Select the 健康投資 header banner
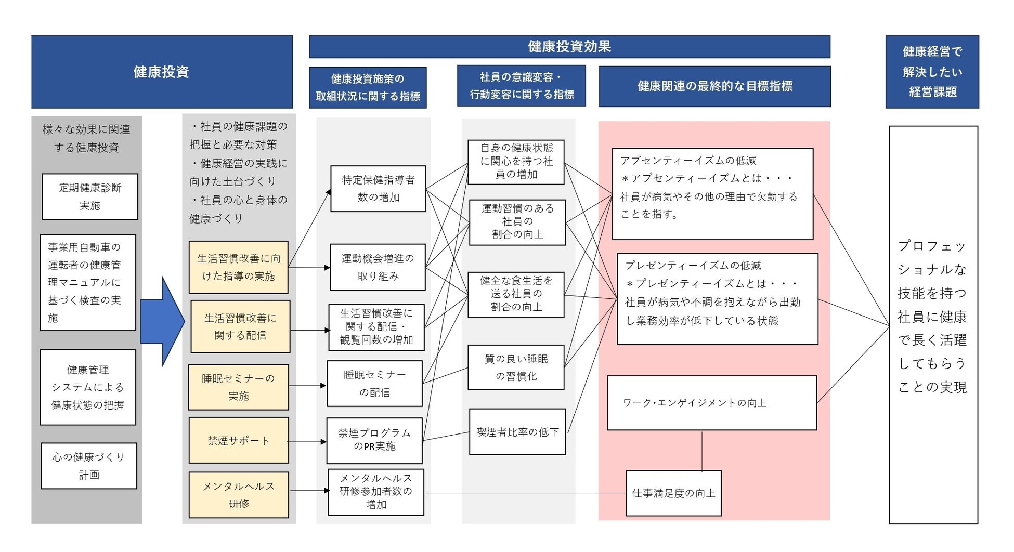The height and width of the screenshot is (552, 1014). click(162, 72)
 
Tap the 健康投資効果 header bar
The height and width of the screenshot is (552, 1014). click(569, 47)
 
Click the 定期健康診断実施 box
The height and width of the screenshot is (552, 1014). click(90, 196)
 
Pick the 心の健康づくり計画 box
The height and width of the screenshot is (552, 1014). click(89, 466)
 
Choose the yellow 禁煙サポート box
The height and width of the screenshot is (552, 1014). click(239, 441)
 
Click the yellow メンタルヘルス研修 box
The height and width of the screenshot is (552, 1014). click(239, 495)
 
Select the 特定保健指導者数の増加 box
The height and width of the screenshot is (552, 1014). click(378, 189)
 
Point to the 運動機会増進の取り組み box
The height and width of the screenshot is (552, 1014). click(378, 267)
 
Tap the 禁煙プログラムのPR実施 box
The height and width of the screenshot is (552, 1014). click(374, 440)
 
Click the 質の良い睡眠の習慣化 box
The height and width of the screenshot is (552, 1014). click(516, 367)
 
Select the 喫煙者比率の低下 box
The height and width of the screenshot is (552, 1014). click(517, 432)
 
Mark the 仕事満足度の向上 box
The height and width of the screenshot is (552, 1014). click(673, 493)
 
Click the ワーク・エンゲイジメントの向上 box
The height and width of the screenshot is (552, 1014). click(712, 403)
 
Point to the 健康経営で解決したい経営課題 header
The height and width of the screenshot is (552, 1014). click(932, 72)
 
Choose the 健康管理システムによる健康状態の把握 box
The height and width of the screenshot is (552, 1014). click(88, 387)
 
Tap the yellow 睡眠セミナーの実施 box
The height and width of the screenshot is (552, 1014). click(239, 387)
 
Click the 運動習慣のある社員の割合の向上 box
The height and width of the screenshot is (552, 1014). click(517, 222)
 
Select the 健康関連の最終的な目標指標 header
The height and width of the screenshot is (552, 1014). click(715, 86)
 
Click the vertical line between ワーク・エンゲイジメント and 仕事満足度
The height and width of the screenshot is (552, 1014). click(702, 451)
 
